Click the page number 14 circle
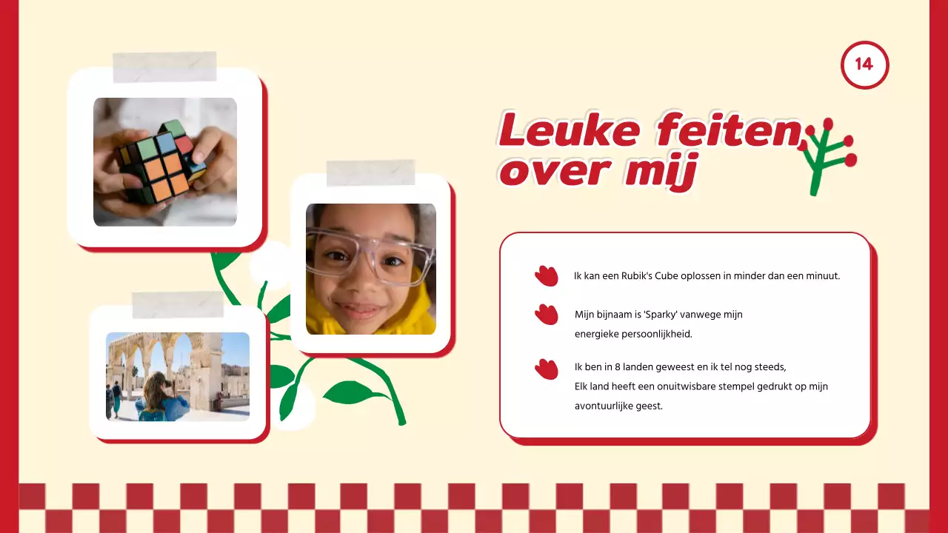tap(864, 64)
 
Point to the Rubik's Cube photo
tap(165, 161)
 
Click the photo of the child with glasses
tap(370, 269)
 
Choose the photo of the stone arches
tap(178, 376)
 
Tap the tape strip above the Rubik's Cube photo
tap(164, 67)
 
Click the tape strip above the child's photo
tap(370, 172)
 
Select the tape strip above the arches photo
tap(178, 304)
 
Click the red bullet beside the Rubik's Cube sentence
tap(547, 276)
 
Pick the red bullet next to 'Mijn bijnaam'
tap(547, 315)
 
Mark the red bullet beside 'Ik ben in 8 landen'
tap(547, 369)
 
